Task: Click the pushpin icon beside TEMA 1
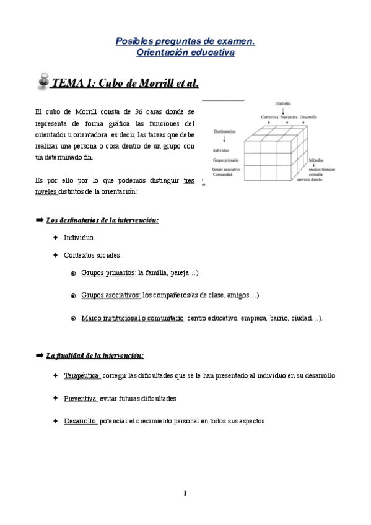click(43, 82)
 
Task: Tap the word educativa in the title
click(212, 53)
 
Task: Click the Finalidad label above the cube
click(283, 103)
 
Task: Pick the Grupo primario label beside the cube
click(225, 159)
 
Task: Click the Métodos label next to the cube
click(316, 160)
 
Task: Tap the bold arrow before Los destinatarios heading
click(40, 220)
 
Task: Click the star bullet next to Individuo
click(55, 237)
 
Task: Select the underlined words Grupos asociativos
click(111, 295)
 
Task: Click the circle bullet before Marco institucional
click(73, 318)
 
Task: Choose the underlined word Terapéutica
click(82, 376)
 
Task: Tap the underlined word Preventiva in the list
click(81, 398)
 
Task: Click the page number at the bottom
click(185, 493)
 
